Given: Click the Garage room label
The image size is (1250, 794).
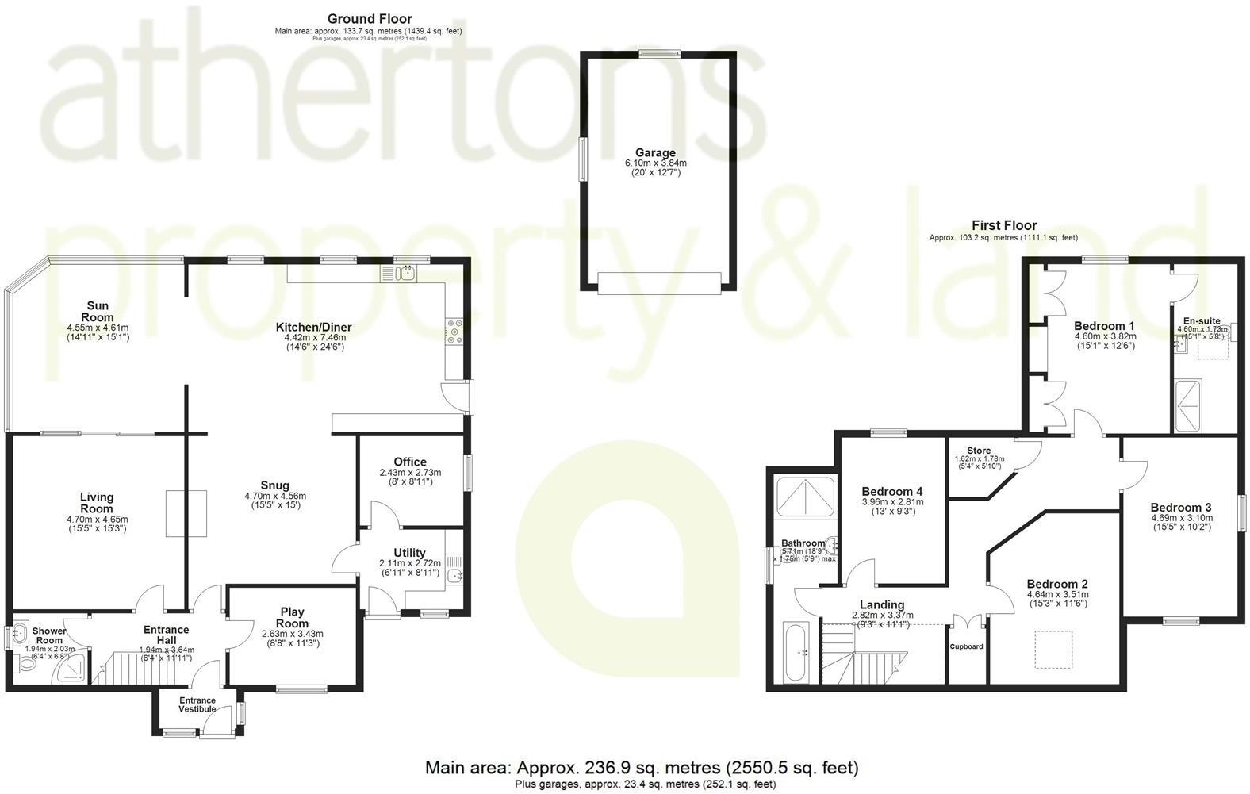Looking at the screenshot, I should pos(655,153).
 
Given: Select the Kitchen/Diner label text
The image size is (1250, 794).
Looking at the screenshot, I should pos(313,327).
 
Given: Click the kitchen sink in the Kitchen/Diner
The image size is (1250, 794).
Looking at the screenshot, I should pos(406,274).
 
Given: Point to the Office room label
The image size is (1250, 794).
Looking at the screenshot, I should pos(410,462).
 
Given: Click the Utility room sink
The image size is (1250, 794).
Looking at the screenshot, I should pos(455,577).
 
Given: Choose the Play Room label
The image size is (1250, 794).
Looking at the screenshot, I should pos(292,618).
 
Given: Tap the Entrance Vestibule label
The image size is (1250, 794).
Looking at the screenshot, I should pos(197,704).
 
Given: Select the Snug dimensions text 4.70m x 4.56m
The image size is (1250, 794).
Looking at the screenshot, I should pos(274,497).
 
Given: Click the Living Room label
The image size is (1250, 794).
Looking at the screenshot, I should pos(97,503).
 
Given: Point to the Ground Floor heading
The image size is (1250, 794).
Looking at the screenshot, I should pos(369,19).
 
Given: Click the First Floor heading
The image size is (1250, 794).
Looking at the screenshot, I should pos(1004,225).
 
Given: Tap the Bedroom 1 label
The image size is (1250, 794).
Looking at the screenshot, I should pos(1104,326).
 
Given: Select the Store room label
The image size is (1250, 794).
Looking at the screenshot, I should pos(978,451).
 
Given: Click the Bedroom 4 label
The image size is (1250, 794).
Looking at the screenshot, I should pos(892,491).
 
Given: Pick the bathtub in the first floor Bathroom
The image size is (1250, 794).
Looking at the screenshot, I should pos(796,652).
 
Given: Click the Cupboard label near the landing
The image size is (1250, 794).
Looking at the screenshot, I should pos(967,646).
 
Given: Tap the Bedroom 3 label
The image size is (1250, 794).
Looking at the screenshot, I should pos(1180,508).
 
